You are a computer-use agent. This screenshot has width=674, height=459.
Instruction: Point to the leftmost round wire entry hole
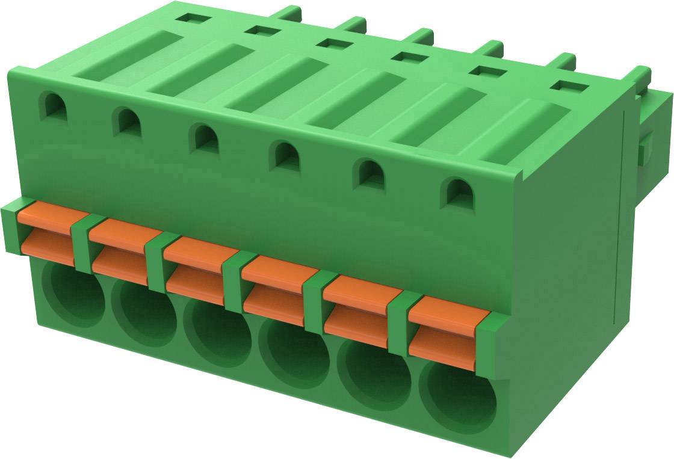75,294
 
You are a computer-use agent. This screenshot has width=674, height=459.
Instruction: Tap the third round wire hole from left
217,331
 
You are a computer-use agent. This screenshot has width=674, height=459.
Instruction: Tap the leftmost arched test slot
53,105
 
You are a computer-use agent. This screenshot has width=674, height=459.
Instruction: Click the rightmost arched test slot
457,193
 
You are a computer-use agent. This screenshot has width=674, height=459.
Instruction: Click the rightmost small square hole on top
569,85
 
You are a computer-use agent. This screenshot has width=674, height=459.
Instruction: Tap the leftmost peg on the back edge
289,12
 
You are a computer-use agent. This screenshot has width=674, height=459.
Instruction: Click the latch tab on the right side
647,147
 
